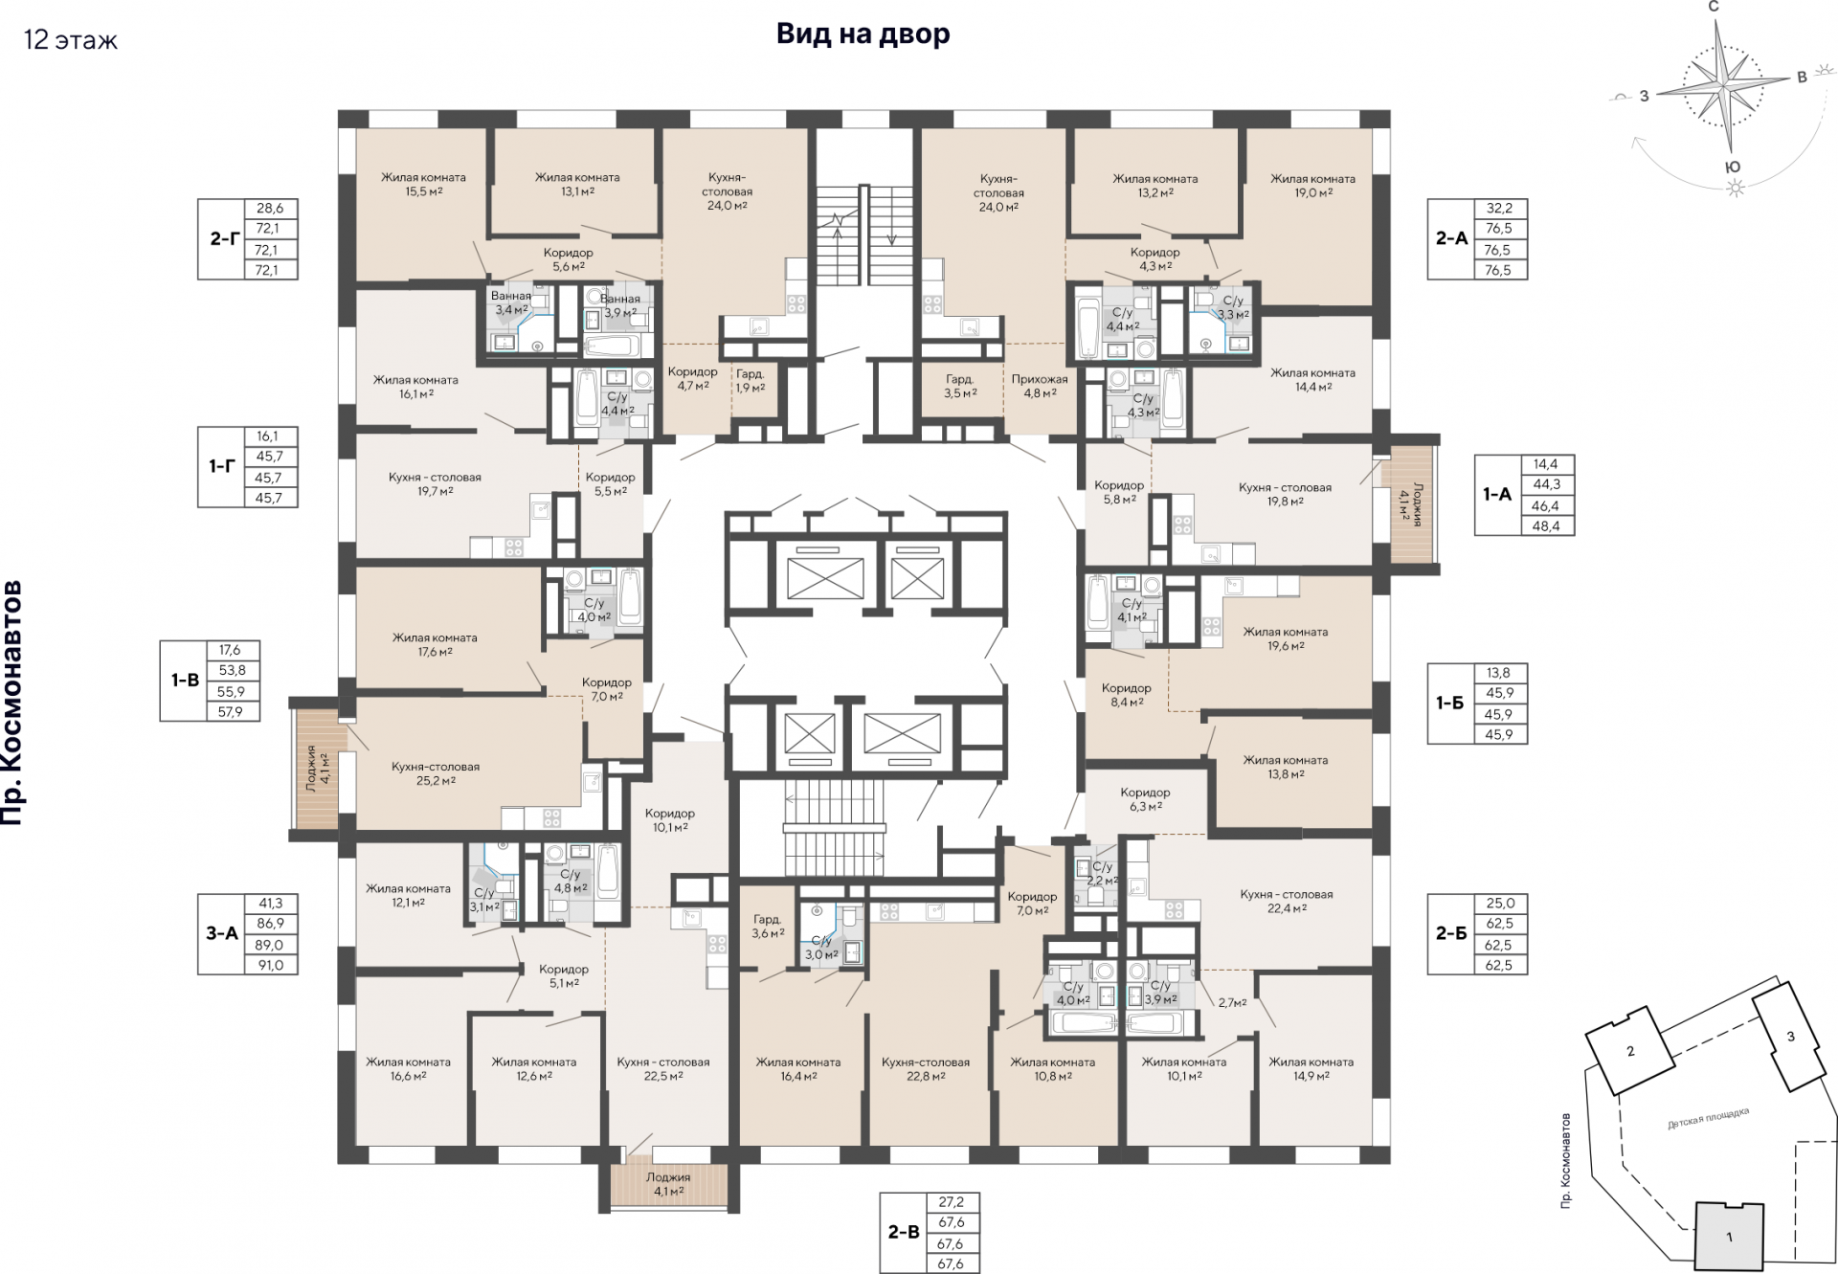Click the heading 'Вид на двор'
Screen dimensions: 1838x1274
click(863, 34)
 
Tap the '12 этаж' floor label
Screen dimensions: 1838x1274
click(71, 40)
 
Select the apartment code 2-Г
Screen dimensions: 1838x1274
click(225, 238)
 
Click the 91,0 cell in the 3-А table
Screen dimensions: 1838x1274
click(271, 965)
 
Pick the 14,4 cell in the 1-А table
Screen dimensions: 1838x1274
click(1545, 464)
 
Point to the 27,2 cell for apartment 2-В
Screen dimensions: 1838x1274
click(952, 1202)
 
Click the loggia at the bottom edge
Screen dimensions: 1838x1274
click(668, 1184)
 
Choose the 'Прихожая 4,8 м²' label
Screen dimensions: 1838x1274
click(1040, 386)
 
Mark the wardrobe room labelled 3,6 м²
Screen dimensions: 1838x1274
click(768, 926)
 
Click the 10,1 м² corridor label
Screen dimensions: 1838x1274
click(670, 820)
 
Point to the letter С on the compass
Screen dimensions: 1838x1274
click(1714, 7)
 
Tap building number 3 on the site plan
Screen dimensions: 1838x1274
click(1790, 1036)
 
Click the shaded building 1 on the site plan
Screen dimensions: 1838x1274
click(1729, 1237)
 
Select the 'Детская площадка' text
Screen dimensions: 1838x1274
click(1709, 1118)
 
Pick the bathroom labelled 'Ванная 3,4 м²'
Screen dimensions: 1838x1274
click(511, 302)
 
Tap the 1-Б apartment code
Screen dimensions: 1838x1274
click(1450, 704)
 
